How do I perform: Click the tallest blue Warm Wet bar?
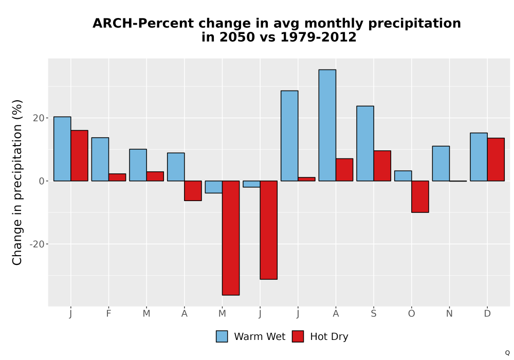tap(327, 125)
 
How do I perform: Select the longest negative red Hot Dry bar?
tap(231, 238)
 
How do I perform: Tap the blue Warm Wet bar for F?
tap(100, 159)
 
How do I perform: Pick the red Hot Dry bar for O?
tap(420, 197)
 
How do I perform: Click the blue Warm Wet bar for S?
tap(365, 143)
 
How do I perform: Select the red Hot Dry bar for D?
tap(495, 159)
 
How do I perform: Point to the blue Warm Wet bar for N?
tap(441, 164)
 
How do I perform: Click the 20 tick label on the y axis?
tap(39, 118)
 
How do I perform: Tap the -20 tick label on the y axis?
tap(36, 244)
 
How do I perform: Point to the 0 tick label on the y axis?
tap(41, 181)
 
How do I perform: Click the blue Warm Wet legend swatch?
tap(222, 336)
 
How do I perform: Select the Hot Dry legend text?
tap(329, 337)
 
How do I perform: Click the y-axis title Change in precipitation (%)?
tap(17, 182)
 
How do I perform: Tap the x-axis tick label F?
tap(108, 314)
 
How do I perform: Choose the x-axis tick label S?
tap(373, 314)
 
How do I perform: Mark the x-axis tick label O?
tap(411, 314)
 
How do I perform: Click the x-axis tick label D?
tap(487, 314)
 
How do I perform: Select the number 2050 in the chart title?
tap(237, 37)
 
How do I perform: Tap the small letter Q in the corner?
tap(507, 353)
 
